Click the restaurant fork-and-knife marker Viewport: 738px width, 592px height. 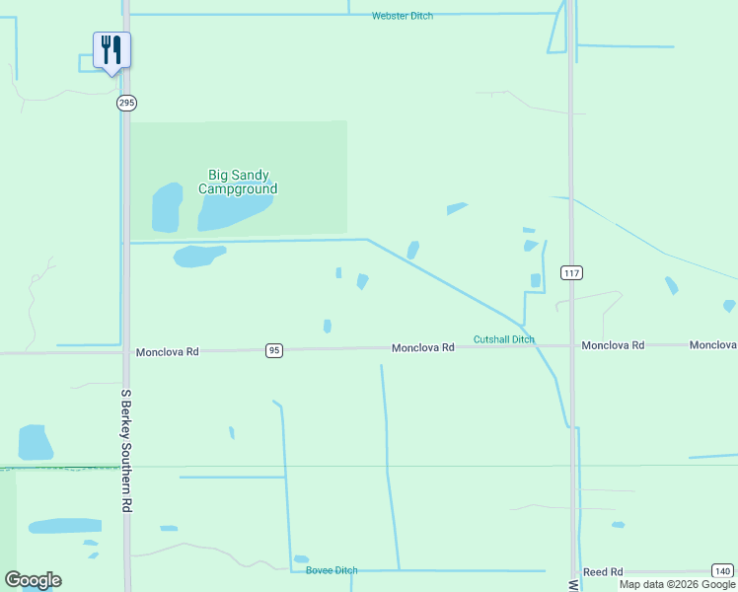point(111,50)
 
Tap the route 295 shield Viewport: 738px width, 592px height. point(125,103)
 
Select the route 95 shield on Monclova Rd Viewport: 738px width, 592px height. point(274,350)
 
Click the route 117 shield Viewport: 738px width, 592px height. point(569,271)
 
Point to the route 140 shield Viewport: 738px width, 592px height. point(722,571)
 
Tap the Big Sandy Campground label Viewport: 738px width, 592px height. point(237,182)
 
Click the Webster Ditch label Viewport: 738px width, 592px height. point(402,16)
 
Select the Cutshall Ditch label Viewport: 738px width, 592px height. point(503,339)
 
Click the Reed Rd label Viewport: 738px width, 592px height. point(602,572)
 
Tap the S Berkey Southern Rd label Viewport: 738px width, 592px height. point(126,450)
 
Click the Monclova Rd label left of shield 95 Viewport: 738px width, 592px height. point(168,351)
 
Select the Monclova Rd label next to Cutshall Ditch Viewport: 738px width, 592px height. point(422,347)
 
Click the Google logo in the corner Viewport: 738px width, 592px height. point(33,580)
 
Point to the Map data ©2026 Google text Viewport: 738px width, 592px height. point(677,584)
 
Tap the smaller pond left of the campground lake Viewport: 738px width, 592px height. point(167,206)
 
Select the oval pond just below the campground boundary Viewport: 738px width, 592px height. point(198,256)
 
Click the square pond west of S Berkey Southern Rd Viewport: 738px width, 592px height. point(36,442)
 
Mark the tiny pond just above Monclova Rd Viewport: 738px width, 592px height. point(327,326)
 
